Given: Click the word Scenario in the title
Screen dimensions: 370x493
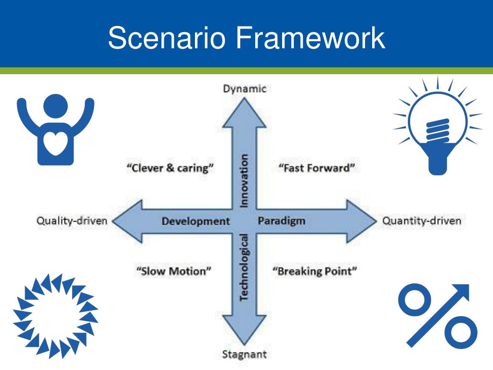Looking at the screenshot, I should (x=167, y=39).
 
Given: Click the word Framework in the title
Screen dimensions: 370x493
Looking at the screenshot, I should (x=310, y=39).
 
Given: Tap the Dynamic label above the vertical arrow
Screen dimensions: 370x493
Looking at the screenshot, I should (x=244, y=89).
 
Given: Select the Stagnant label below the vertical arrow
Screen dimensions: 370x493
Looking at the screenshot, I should (x=244, y=355).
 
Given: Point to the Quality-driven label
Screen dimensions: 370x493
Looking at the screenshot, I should (x=72, y=221).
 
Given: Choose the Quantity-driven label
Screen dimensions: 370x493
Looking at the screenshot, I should (x=421, y=221).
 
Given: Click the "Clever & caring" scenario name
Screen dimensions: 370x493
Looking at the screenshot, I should (x=170, y=168).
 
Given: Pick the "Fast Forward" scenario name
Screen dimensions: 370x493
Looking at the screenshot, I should (x=317, y=168).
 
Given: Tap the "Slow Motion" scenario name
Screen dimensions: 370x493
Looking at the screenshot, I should (x=174, y=271).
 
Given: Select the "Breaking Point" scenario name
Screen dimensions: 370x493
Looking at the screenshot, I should (x=315, y=271).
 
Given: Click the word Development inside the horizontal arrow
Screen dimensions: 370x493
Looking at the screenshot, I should (x=195, y=221).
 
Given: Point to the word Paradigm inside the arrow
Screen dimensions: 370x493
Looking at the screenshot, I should (x=282, y=221).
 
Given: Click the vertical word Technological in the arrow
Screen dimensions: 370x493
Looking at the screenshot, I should (x=244, y=267).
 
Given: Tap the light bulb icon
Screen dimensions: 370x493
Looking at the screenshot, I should (x=438, y=128).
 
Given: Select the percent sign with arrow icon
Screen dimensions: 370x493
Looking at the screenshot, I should (x=438, y=316).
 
